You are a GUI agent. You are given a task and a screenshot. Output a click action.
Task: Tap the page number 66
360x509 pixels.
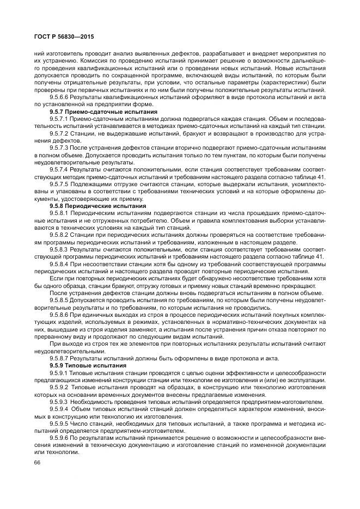[x=37, y=462]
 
